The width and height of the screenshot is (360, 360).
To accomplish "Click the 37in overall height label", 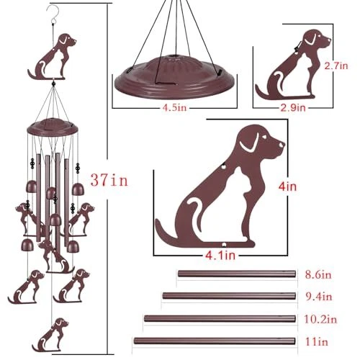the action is click(x=109, y=180).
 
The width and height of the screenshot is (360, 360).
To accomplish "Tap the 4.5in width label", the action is click(x=174, y=108).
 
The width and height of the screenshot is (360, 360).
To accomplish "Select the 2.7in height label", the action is click(x=336, y=66).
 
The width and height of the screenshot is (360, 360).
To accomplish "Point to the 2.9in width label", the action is click(x=293, y=108).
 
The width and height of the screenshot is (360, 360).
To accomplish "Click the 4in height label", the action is click(x=287, y=186).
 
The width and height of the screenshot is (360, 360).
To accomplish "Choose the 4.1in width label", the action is click(x=220, y=256).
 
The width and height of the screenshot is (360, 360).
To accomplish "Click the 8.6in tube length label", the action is click(x=318, y=274).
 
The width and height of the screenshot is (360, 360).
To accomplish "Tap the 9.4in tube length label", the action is click(x=319, y=297).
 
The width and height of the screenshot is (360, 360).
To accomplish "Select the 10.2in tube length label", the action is click(x=320, y=319).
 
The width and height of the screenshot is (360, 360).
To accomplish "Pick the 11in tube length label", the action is click(x=316, y=341).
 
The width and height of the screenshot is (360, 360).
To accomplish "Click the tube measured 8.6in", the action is click(x=237, y=274).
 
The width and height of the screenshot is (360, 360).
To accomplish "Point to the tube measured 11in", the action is click(x=215, y=341).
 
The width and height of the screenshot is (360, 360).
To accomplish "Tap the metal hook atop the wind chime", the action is click(x=53, y=12).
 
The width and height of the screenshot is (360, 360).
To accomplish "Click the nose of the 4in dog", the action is click(x=282, y=145).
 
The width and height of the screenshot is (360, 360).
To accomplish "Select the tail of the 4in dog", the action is click(x=166, y=230).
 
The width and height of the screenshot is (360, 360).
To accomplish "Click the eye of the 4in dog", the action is click(x=265, y=137).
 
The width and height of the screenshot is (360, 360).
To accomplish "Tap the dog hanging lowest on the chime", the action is click(x=50, y=335).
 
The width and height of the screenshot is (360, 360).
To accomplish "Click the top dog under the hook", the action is click(x=52, y=57).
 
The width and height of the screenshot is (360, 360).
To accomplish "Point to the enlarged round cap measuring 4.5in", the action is click(x=174, y=77).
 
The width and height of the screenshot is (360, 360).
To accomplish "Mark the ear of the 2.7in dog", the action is click(x=310, y=39).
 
